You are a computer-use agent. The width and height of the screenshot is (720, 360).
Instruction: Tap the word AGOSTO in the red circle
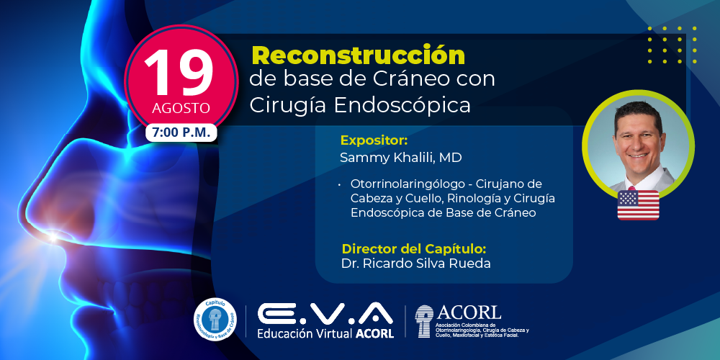(x=181, y=109)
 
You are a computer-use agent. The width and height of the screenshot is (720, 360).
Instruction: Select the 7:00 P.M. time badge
(x=181, y=132)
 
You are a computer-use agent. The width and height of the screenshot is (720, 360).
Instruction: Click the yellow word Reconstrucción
(x=358, y=55)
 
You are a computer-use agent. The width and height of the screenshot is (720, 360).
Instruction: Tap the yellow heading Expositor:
(x=374, y=140)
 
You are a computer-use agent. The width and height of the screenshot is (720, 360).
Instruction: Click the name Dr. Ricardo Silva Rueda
(x=416, y=264)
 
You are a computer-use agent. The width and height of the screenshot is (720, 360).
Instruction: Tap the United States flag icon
(x=638, y=205)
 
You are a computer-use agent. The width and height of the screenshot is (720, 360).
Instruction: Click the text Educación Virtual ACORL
(x=325, y=333)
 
